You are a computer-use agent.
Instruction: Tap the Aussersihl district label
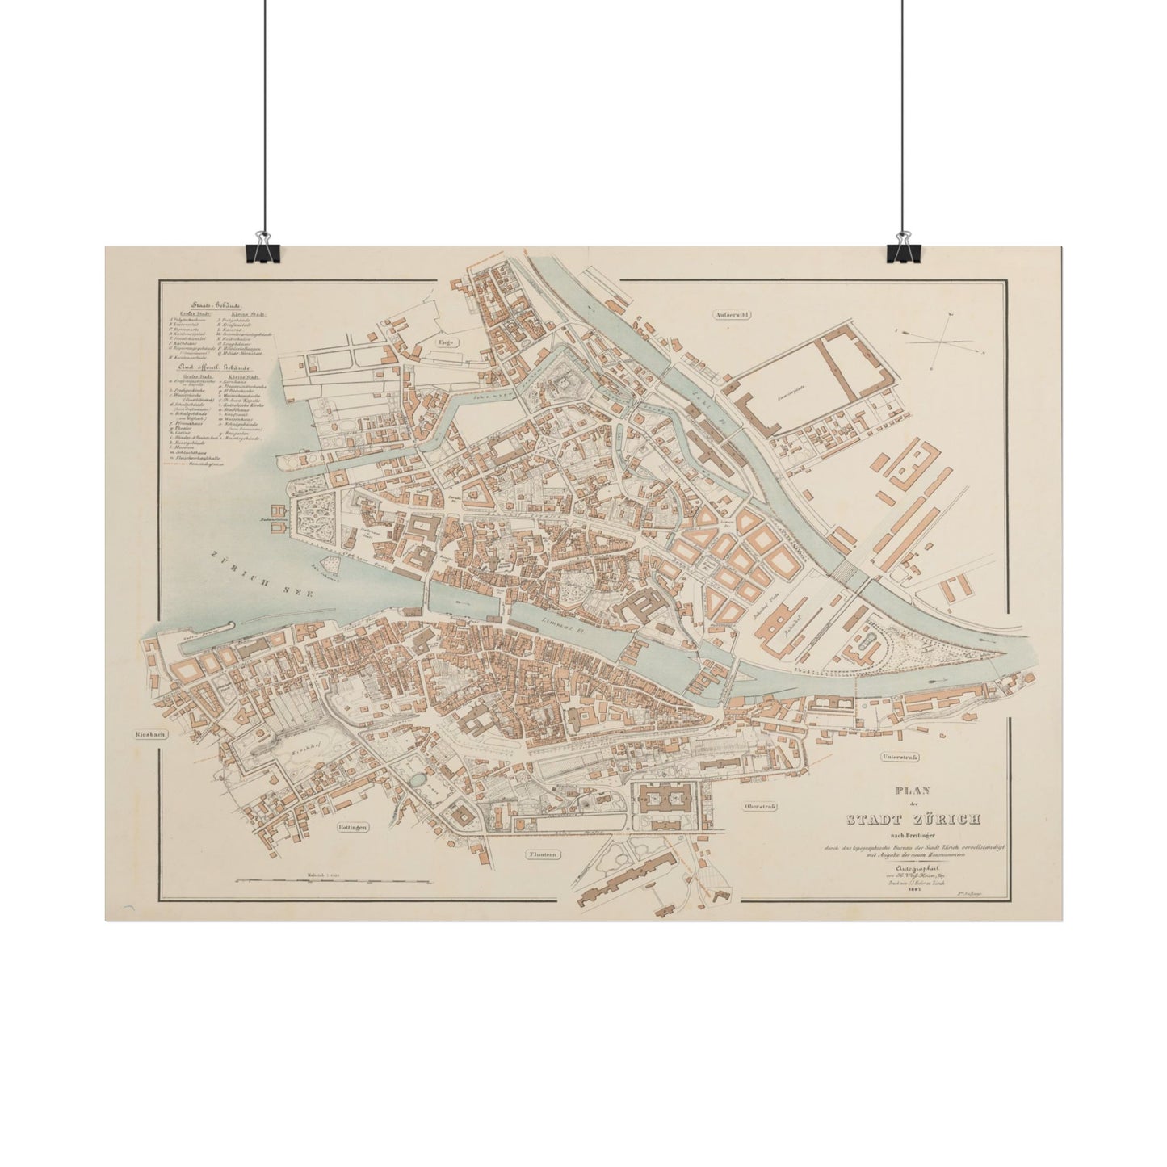point(733,316)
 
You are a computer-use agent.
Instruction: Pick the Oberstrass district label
point(760,807)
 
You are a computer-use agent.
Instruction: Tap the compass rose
point(941,339)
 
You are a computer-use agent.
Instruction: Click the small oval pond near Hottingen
point(418,779)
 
